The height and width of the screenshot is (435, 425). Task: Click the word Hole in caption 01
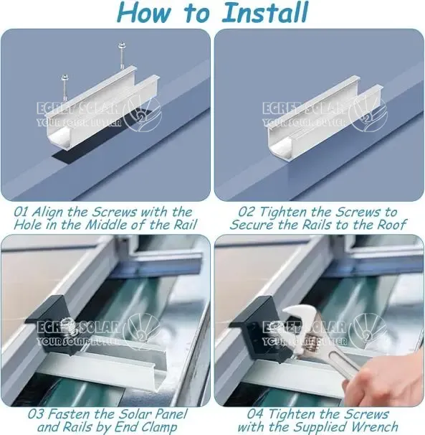[x=29, y=225]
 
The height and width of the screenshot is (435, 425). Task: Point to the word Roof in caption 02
[x=391, y=225]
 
